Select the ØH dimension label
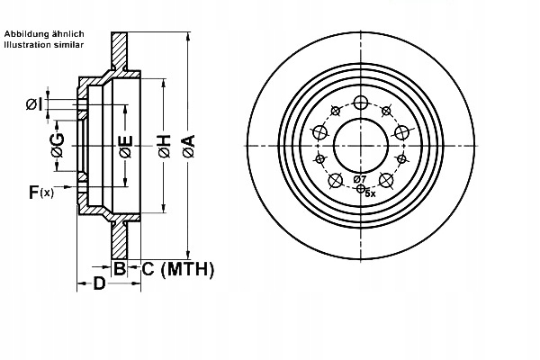164,149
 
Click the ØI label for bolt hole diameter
32,104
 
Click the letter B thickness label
119,266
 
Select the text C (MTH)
177,267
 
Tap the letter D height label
101,284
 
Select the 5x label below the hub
369,193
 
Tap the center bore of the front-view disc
360,144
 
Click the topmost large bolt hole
361,103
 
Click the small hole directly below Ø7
361,188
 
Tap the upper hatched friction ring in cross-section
119,54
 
